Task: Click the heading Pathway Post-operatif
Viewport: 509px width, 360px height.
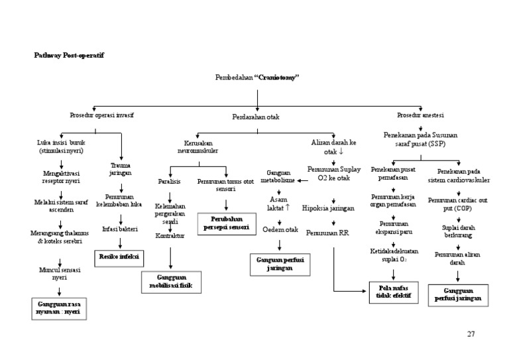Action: click(x=69, y=55)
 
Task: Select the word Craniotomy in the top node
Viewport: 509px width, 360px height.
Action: click(x=278, y=78)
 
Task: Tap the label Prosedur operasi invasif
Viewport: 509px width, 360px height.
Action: click(x=102, y=115)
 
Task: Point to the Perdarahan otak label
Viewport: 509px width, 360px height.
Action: click(x=256, y=117)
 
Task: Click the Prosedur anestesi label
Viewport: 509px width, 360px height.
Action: click(x=421, y=115)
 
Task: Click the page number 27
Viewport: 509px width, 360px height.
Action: click(x=471, y=333)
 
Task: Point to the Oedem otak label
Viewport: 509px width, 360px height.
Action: click(x=278, y=230)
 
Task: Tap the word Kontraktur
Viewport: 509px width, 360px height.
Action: click(x=169, y=235)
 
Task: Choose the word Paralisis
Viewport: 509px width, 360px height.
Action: click(x=170, y=181)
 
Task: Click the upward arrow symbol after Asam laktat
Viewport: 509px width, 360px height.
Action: click(x=287, y=208)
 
